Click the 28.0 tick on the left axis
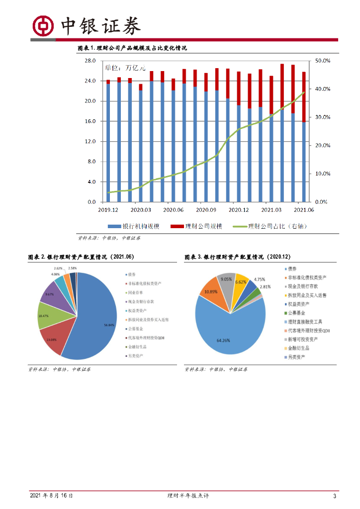click(x=90, y=61)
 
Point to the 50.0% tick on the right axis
click(x=323, y=61)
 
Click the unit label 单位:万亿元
click(x=125, y=67)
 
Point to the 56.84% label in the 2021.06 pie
click(x=109, y=325)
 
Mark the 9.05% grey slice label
click(x=227, y=279)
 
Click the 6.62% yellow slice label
click(x=242, y=282)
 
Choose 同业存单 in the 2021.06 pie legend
click(x=134, y=292)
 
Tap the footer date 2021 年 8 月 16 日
click(x=51, y=496)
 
